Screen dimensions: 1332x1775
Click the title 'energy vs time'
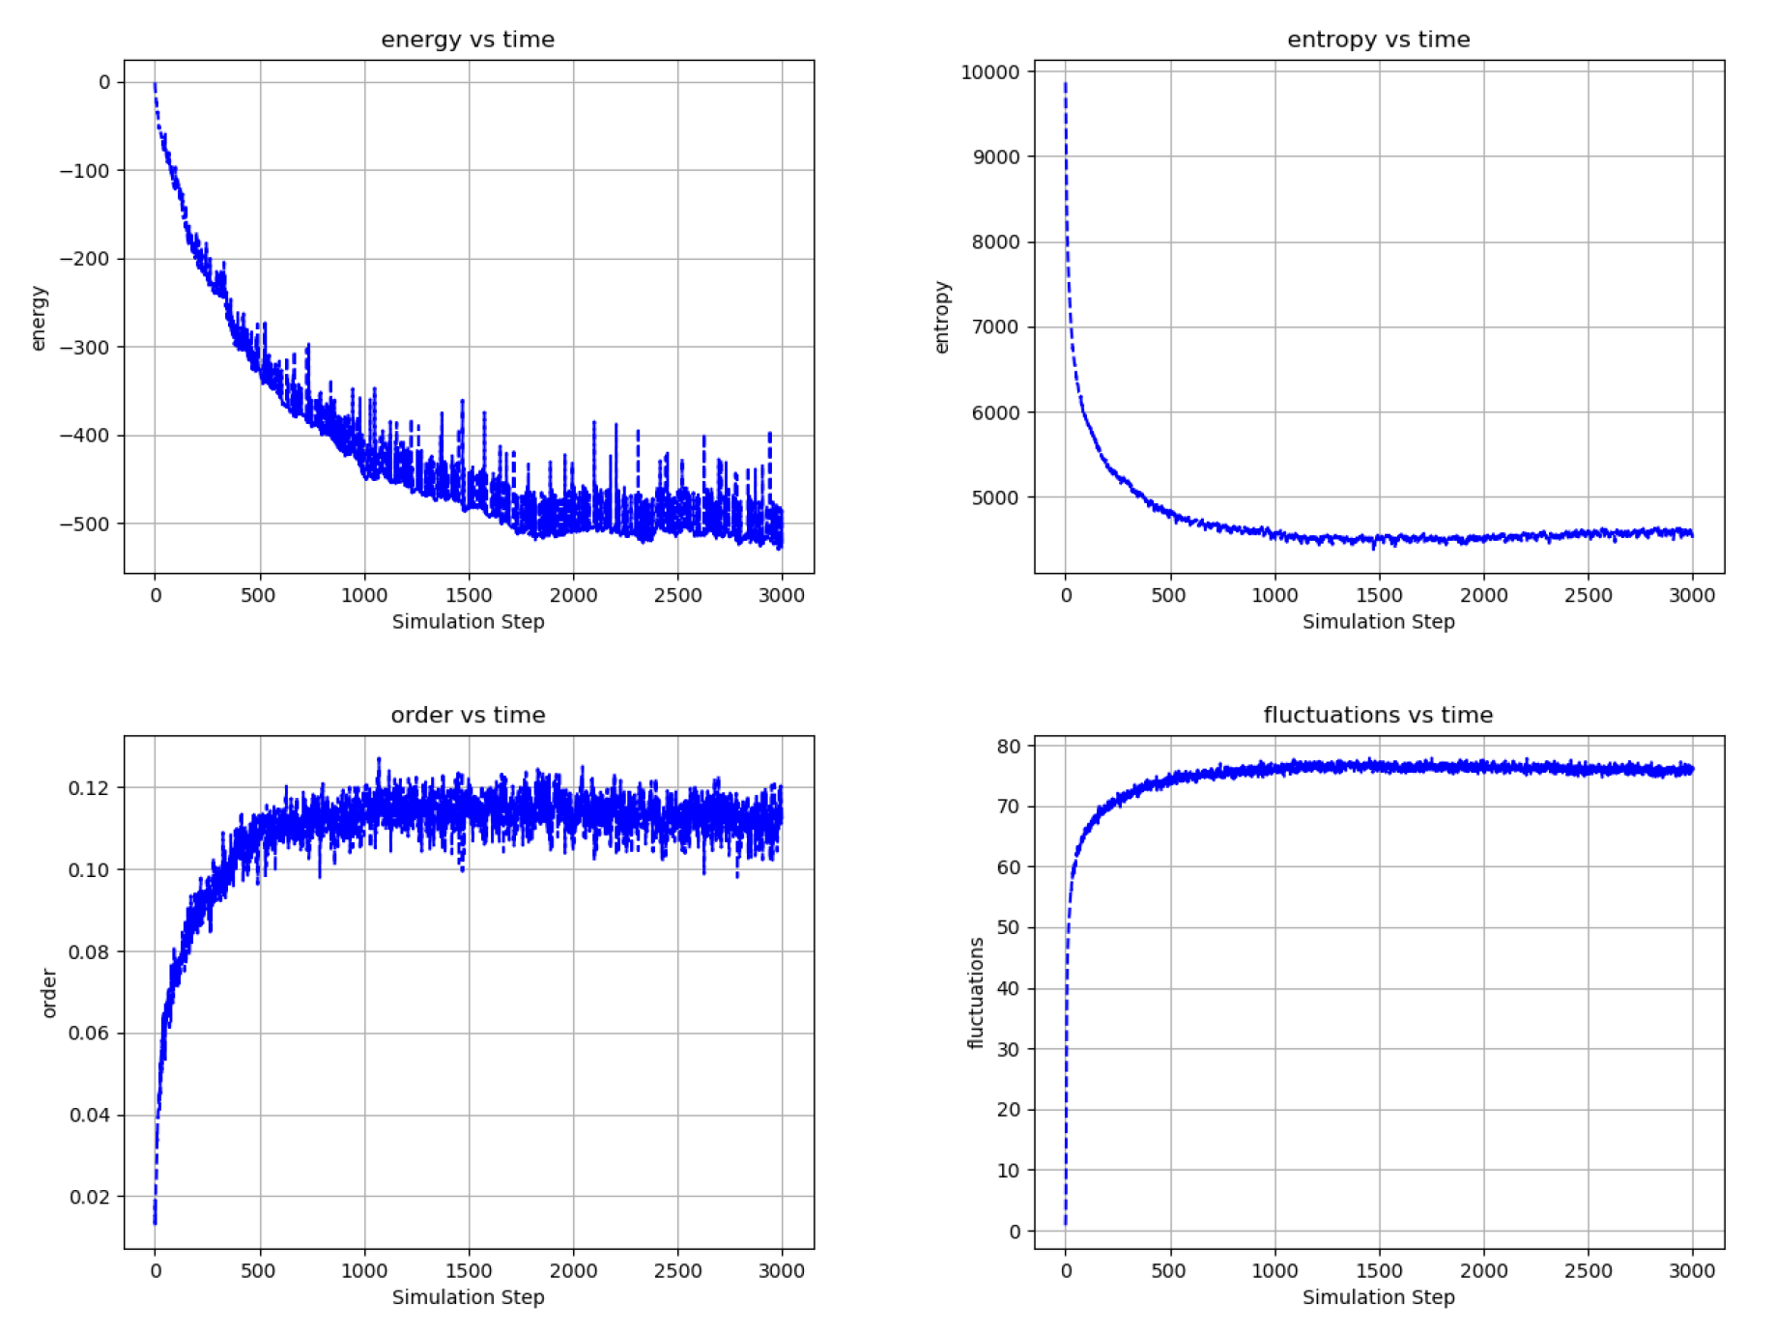coord(468,40)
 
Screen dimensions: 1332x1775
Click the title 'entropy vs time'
coord(1378,40)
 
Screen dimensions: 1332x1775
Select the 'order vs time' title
coord(468,715)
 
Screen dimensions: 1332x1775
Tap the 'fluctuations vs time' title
coord(1378,715)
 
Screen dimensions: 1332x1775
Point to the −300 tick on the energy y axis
coord(85,347)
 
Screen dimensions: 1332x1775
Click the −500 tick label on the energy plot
coord(85,524)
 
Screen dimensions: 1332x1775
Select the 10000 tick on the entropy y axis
coord(989,71)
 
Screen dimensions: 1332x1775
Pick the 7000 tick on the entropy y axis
coord(995,326)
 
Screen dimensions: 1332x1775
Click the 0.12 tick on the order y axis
coord(89,788)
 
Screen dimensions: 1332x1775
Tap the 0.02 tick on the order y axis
coord(89,1197)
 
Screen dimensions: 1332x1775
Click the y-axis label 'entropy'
coord(942,318)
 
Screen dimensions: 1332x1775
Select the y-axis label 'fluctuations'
coord(976,993)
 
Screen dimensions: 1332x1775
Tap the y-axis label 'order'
coord(49,993)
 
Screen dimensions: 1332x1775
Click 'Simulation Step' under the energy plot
coord(468,622)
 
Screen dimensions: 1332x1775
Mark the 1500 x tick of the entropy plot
coord(1379,596)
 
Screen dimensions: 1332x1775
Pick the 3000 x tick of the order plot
coord(781,1271)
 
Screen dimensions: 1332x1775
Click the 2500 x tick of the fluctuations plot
coord(1588,1271)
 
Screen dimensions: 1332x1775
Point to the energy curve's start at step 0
coord(155,85)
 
